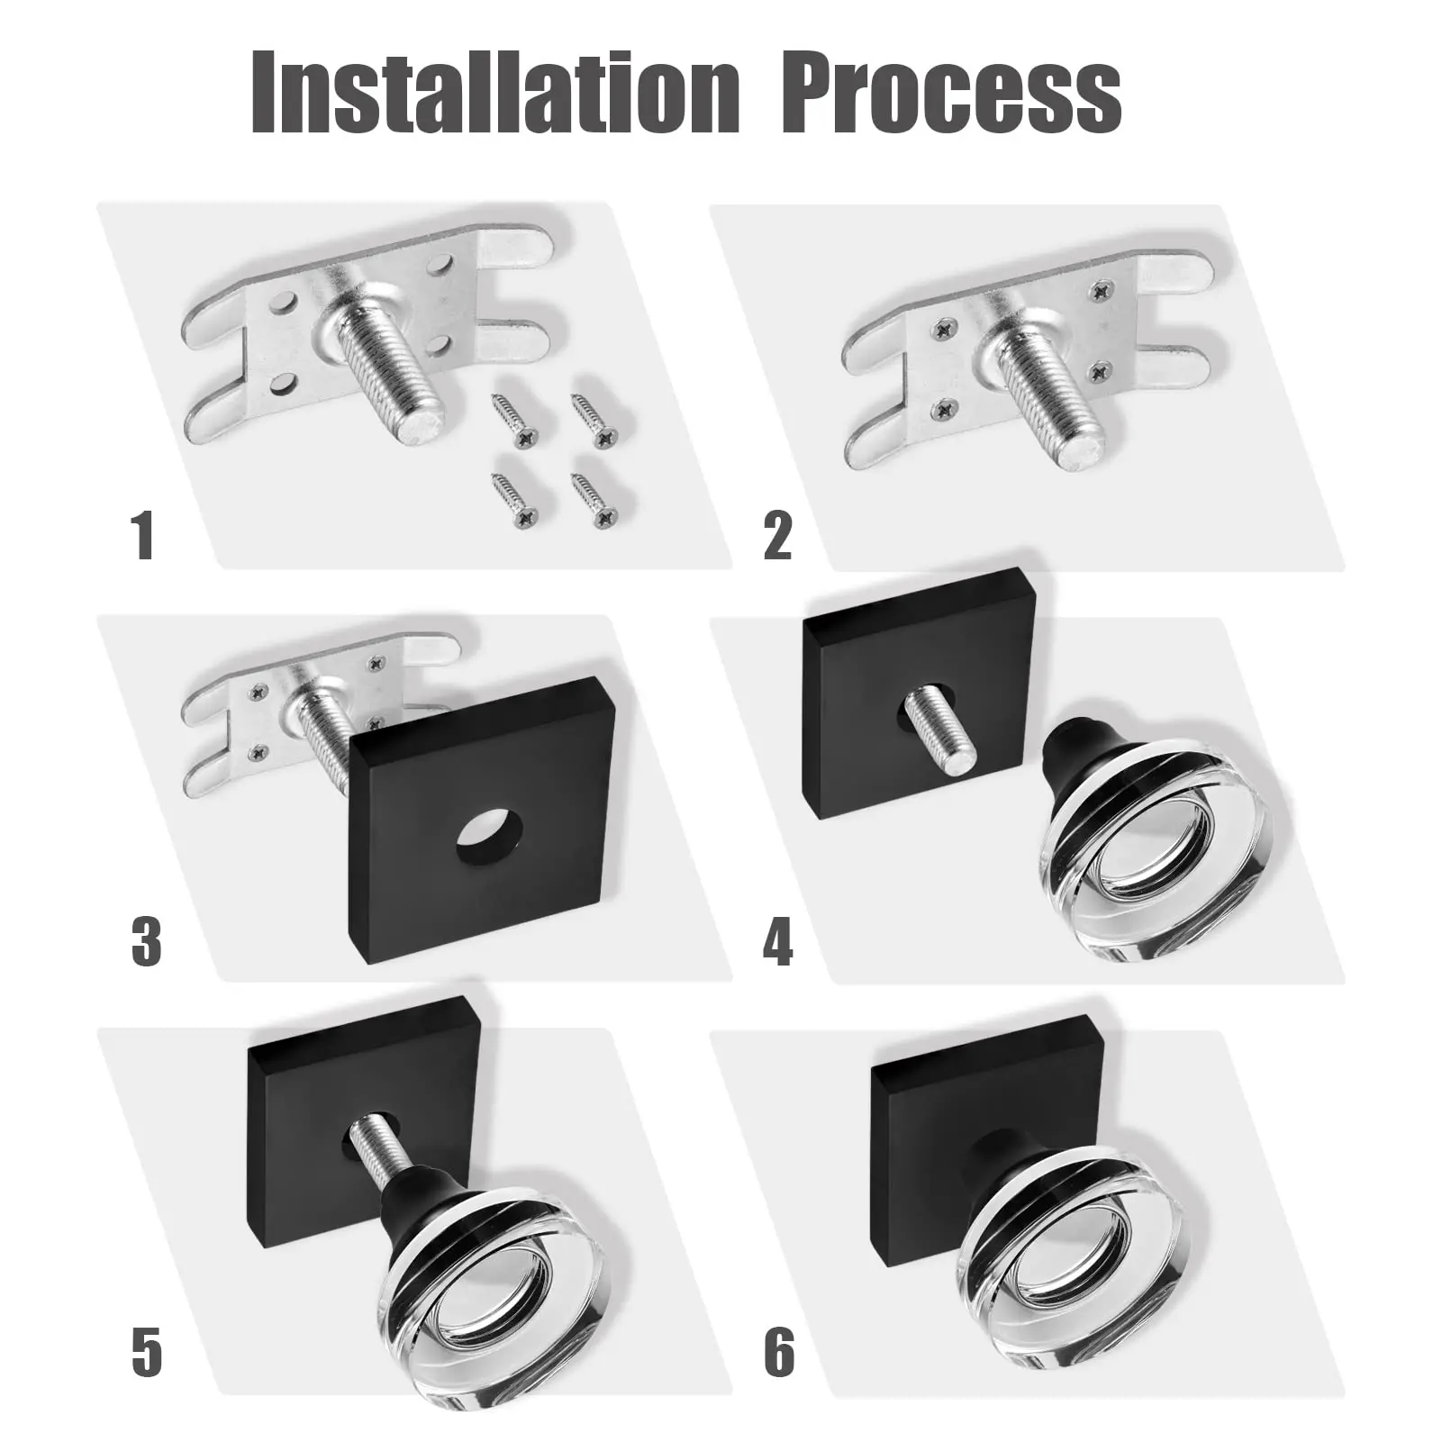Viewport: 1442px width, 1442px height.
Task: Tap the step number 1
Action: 142,537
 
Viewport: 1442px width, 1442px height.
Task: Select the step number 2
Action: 777,537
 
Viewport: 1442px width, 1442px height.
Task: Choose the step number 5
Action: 146,1352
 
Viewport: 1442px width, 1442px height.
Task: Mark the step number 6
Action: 780,1352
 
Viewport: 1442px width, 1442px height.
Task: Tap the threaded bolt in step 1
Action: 387,369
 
